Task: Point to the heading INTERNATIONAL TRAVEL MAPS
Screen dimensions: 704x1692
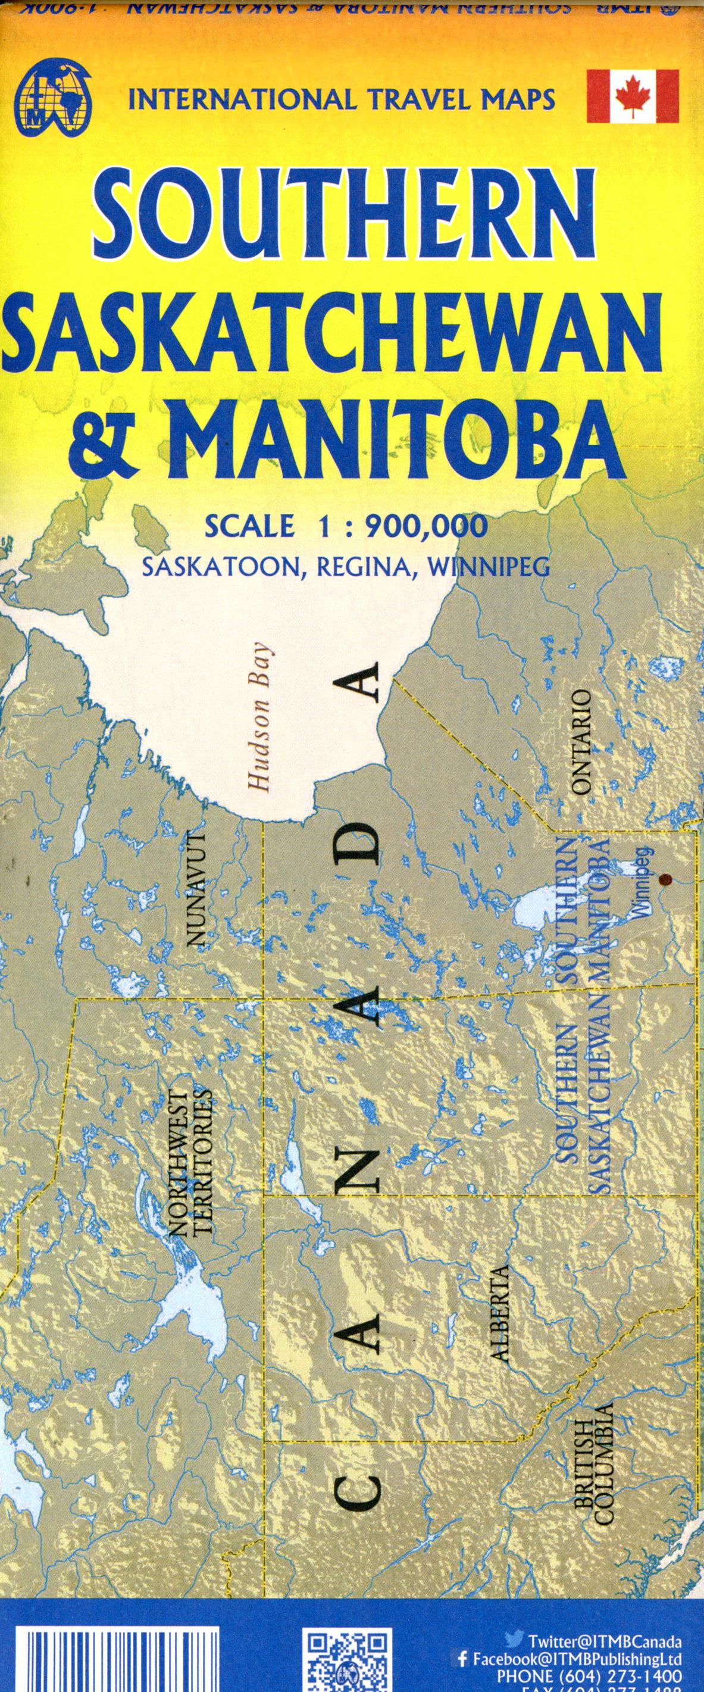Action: pos(342,99)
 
